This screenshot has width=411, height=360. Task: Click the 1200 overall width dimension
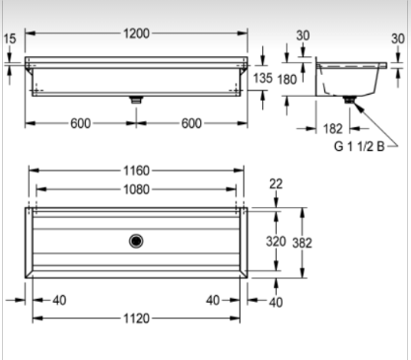click(136, 34)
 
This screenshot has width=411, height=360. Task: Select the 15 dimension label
click(10, 38)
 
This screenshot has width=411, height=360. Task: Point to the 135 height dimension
click(263, 78)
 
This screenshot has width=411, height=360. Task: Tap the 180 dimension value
click(287, 79)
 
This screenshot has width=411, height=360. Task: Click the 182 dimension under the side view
click(333, 128)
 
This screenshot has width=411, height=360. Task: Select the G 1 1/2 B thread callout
click(359, 146)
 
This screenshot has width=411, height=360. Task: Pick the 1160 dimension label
click(136, 171)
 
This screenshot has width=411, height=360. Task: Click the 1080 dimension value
click(136, 189)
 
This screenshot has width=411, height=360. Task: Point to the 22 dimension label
click(276, 183)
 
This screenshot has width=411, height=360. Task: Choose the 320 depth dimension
click(276, 242)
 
